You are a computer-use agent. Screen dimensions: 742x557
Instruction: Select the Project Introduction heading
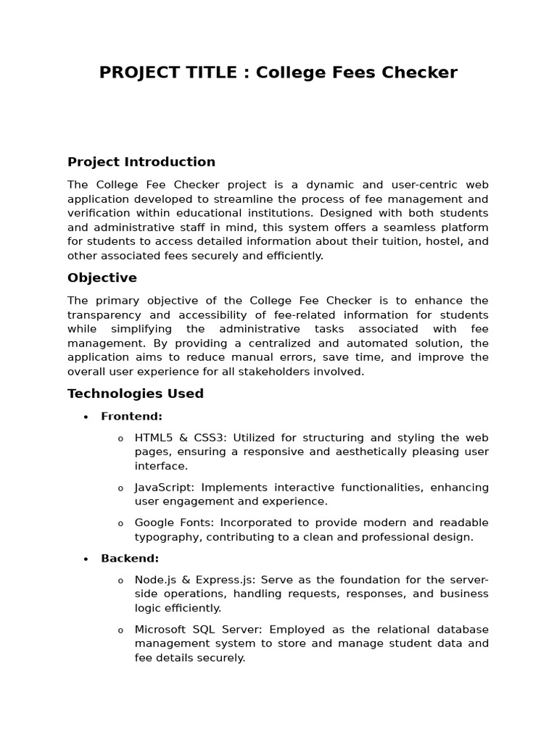click(x=141, y=162)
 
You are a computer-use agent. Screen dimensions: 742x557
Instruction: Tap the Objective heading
click(x=102, y=278)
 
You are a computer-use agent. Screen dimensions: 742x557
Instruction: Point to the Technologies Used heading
click(x=136, y=393)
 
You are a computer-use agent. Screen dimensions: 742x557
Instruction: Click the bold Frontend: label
click(x=131, y=416)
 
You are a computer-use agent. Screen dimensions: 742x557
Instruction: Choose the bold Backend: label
click(x=130, y=559)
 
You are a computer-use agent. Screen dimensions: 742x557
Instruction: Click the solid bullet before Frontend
click(x=86, y=417)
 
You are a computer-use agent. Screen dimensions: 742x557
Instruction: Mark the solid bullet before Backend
click(x=86, y=559)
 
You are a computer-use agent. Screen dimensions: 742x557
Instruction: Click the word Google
click(x=154, y=522)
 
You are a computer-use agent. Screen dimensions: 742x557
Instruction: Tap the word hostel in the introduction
click(x=450, y=241)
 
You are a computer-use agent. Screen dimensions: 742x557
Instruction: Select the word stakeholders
click(x=285, y=372)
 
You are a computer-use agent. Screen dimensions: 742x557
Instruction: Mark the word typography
click(x=164, y=537)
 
